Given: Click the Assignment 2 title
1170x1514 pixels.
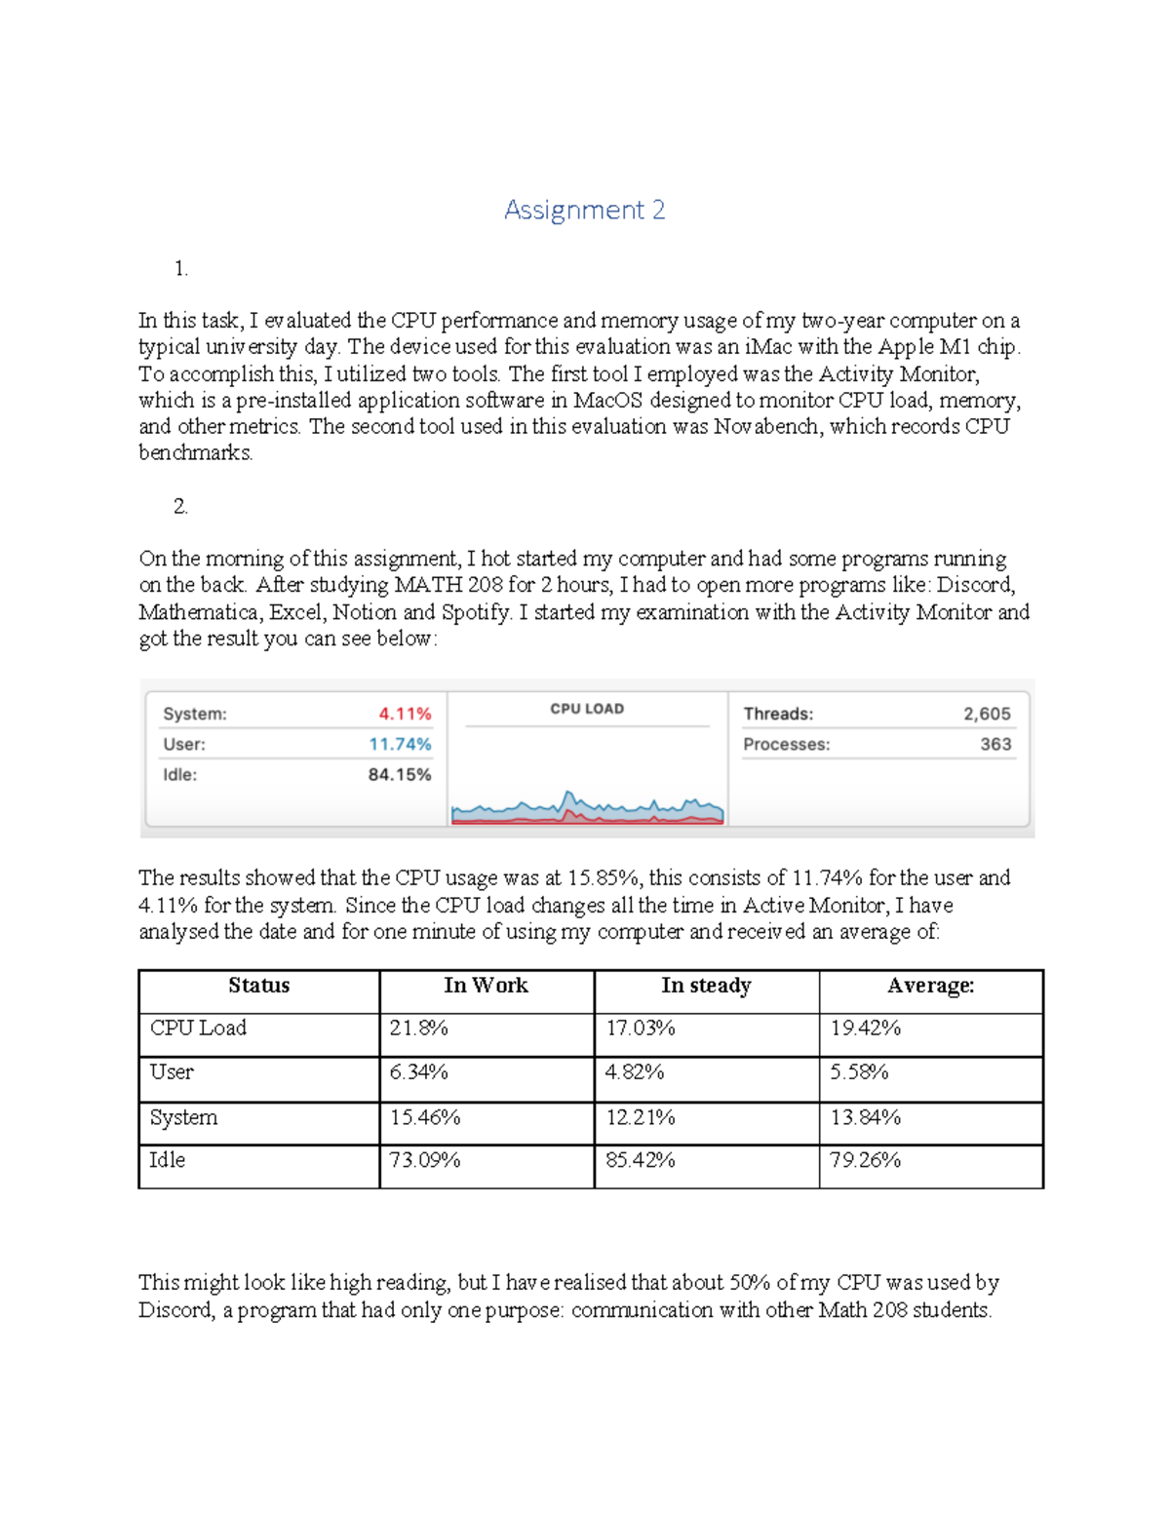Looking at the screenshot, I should click(584, 210).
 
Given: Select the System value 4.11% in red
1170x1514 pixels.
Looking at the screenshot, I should click(405, 714).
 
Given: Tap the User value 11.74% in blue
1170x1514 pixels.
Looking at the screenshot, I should click(400, 744).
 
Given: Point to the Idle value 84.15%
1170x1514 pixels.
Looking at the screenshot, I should click(400, 775).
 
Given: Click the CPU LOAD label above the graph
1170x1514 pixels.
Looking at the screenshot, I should click(587, 709).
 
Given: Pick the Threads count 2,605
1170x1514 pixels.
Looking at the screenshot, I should click(987, 714).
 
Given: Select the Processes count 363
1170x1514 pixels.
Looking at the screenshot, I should click(995, 744).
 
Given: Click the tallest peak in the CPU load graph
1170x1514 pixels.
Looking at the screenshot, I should click(568, 795).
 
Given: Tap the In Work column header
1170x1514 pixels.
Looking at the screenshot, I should click(486, 986).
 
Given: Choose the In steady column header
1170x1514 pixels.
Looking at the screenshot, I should click(706, 986).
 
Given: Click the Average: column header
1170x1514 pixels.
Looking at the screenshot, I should click(930, 986).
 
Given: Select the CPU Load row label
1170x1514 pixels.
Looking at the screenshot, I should click(198, 1029).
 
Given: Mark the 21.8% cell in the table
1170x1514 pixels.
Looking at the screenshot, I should click(418, 1029).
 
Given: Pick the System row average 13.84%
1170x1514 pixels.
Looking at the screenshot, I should click(865, 1117).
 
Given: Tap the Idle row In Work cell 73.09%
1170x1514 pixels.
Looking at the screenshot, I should click(425, 1160).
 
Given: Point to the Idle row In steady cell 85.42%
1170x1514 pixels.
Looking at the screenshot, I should click(641, 1160).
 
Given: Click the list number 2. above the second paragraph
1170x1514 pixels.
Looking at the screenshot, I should click(180, 506).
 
